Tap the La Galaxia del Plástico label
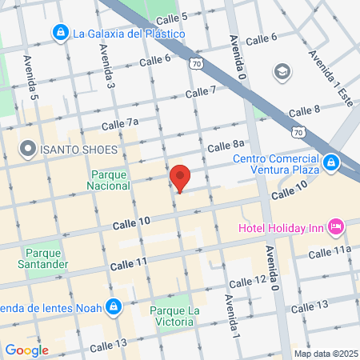point(129,34)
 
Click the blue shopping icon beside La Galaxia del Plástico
point(60,34)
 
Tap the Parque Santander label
point(42,259)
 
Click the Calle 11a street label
point(330,253)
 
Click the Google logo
point(26,350)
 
